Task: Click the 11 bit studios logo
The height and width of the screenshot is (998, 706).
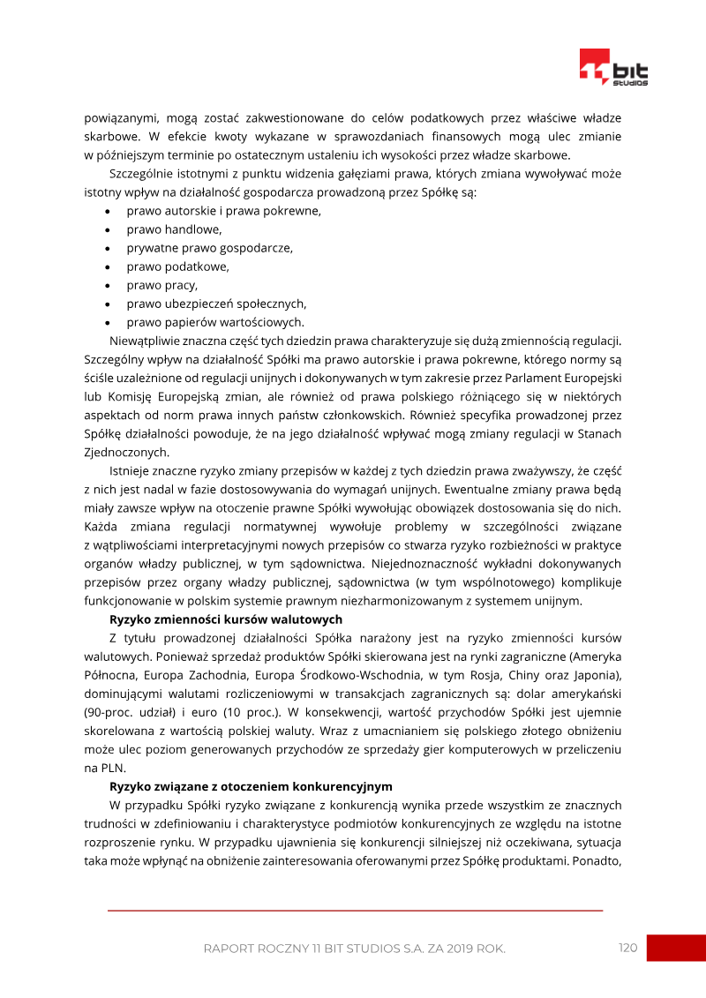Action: click(x=613, y=67)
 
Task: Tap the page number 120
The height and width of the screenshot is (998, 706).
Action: click(x=627, y=948)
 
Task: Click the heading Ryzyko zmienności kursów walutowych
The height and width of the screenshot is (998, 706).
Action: click(x=225, y=619)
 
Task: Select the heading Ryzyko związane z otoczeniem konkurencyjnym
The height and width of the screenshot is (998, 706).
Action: click(x=251, y=785)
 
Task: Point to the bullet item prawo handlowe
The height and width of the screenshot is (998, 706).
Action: click(x=174, y=229)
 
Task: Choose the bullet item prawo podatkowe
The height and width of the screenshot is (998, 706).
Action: click(x=177, y=266)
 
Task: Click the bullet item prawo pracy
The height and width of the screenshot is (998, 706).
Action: click(x=161, y=285)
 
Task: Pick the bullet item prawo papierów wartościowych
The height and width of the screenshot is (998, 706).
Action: click(x=215, y=322)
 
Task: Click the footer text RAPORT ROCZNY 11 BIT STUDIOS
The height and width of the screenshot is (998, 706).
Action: click(x=354, y=949)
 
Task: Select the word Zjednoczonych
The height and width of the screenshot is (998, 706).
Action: click(x=126, y=452)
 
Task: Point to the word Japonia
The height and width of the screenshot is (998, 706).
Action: click(x=597, y=674)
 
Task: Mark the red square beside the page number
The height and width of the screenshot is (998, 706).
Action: click(x=676, y=948)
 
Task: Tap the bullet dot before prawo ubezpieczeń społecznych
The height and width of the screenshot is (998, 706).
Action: click(x=107, y=304)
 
